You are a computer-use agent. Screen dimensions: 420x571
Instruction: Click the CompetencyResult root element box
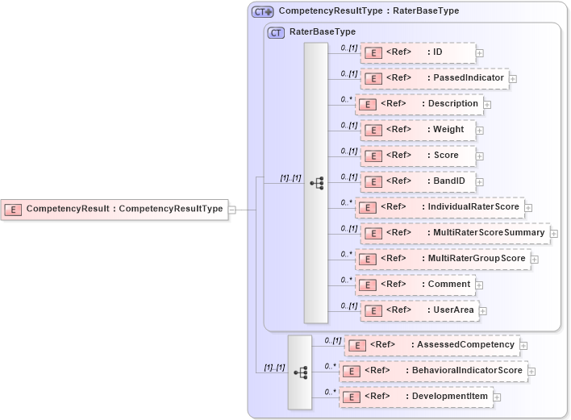(114, 209)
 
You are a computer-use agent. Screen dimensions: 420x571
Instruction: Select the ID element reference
(417, 52)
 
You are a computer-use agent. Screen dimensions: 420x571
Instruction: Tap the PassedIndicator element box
(434, 78)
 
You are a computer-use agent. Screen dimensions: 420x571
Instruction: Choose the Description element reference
(419, 104)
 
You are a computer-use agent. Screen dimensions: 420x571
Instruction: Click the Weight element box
(417, 130)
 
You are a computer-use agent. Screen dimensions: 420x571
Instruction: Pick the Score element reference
(417, 156)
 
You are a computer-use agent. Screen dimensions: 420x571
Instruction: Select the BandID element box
(417, 181)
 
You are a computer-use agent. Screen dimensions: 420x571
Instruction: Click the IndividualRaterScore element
(440, 207)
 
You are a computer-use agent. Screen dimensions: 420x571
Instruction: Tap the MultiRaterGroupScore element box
(443, 259)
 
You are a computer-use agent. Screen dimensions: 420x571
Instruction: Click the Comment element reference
(415, 285)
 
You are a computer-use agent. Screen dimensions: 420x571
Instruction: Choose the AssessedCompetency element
(431, 345)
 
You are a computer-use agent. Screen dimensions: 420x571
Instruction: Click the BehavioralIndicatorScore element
(434, 371)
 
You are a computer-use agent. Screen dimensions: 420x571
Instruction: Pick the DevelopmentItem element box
(415, 397)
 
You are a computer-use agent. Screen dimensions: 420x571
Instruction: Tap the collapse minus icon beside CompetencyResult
(231, 210)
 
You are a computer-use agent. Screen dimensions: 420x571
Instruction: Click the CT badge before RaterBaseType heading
(276, 32)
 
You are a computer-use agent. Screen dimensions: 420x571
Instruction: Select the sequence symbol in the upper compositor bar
(316, 184)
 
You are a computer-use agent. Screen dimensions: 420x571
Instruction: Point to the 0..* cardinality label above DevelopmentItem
(330, 392)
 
